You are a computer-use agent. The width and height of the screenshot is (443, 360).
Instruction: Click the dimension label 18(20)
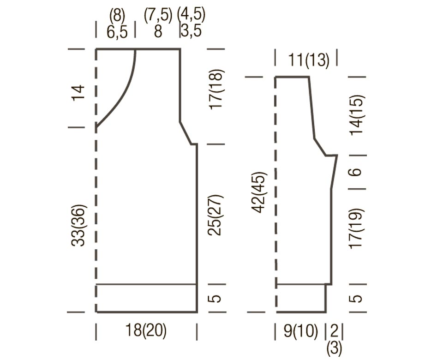tap(146, 330)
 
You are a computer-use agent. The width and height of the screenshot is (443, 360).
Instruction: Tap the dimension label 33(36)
tap(78, 225)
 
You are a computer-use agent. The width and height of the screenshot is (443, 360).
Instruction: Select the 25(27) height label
tap(216, 215)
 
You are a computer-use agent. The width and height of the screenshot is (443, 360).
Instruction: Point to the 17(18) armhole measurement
tap(216, 90)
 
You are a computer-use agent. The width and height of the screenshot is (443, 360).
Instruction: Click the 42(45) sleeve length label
tap(259, 192)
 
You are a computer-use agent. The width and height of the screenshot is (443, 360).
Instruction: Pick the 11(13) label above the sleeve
tap(309, 60)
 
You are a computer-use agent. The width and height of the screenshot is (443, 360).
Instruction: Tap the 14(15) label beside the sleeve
tap(357, 115)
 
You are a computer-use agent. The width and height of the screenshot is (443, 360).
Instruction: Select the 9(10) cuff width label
tap(300, 330)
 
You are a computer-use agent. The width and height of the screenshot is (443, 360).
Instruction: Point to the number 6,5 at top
tap(117, 32)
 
